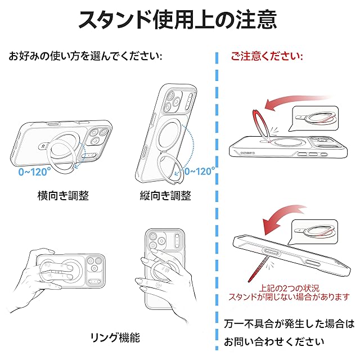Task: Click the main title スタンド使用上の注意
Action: [178, 19]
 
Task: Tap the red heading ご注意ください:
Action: [267, 56]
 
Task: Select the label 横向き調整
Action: [63, 196]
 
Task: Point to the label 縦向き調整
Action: [165, 196]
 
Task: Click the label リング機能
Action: [115, 337]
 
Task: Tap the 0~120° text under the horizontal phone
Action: [34, 172]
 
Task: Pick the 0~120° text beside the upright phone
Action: [200, 171]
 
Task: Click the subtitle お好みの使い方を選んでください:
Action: [85, 56]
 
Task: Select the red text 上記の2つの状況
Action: [289, 289]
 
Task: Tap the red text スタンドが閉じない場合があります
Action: [289, 297]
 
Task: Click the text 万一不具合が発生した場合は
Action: [289, 324]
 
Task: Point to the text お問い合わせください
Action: [274, 341]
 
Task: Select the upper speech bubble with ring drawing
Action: [313, 119]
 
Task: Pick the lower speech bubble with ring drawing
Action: [313, 232]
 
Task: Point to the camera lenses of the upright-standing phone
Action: [172, 101]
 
